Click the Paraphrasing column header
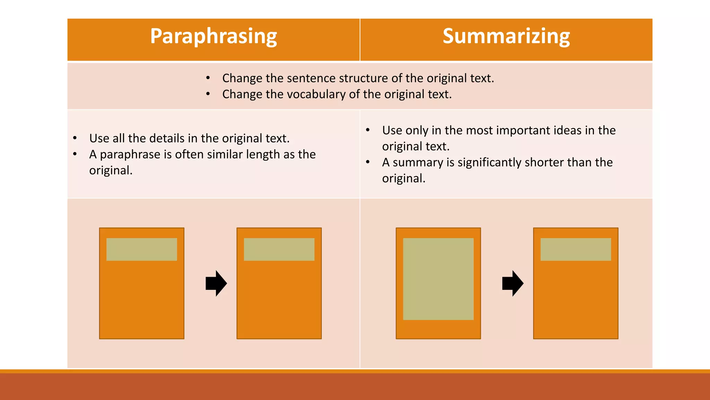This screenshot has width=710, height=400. [214, 36]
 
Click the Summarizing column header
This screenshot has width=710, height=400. [506, 36]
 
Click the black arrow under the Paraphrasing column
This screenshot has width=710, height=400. [216, 283]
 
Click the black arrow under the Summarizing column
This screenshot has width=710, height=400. [513, 283]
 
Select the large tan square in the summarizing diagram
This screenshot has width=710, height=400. [438, 279]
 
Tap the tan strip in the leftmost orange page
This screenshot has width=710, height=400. [141, 249]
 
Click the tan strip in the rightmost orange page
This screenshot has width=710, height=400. [575, 249]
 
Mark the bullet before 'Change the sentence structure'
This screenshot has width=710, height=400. [208, 78]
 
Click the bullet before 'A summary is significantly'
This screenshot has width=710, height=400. [368, 162]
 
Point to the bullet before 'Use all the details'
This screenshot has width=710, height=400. [75, 138]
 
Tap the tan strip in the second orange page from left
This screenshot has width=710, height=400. [279, 249]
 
